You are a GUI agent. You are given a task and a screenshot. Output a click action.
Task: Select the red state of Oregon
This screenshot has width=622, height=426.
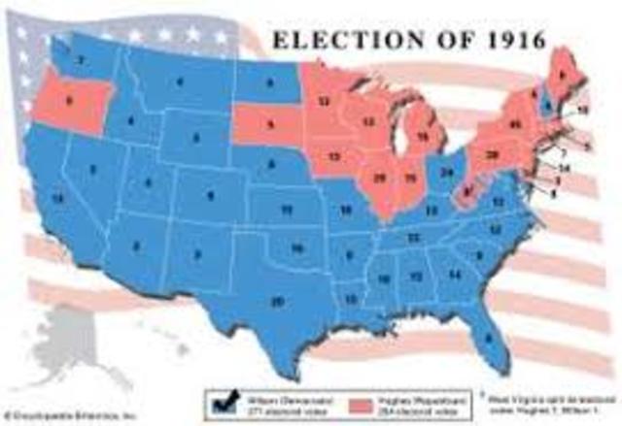coord(68,101)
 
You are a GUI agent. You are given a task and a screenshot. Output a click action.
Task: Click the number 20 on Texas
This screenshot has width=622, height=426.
coord(278,303)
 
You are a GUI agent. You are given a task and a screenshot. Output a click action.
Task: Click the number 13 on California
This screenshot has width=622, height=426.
coord(33,198)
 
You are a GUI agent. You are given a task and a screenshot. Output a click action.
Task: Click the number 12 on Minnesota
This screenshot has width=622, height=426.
coord(325,100)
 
